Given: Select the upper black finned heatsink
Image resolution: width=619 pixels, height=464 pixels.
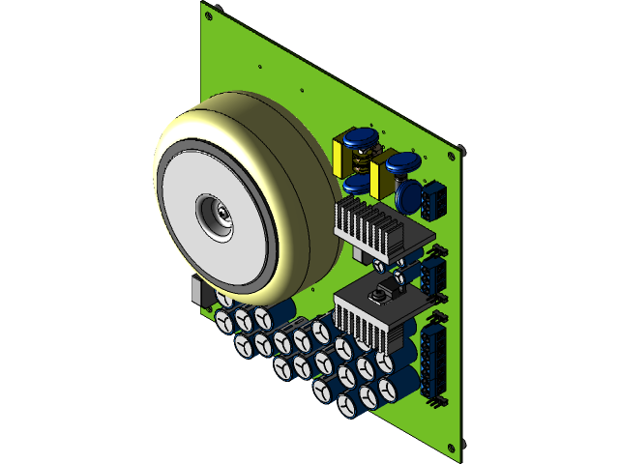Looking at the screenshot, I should point(368,224).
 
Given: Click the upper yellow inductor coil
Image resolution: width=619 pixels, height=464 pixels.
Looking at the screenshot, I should point(344,156).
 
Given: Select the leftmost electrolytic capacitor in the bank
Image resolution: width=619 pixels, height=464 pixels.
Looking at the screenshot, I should point(223,320).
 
